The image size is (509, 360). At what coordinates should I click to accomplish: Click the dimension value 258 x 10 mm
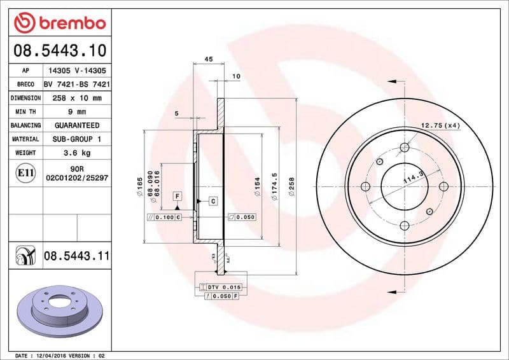[76, 98]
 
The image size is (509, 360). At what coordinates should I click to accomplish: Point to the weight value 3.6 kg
[76, 153]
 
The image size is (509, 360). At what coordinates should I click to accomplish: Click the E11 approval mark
[26, 172]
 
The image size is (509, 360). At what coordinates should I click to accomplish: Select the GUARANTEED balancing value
[76, 125]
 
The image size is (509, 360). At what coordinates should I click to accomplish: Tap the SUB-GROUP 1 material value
[76, 139]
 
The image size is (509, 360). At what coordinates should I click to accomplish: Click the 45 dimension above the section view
[208, 59]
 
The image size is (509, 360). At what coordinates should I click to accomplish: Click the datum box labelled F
[177, 196]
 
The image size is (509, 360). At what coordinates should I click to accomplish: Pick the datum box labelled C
[213, 201]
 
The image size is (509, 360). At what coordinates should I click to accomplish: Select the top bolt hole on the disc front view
[404, 148]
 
